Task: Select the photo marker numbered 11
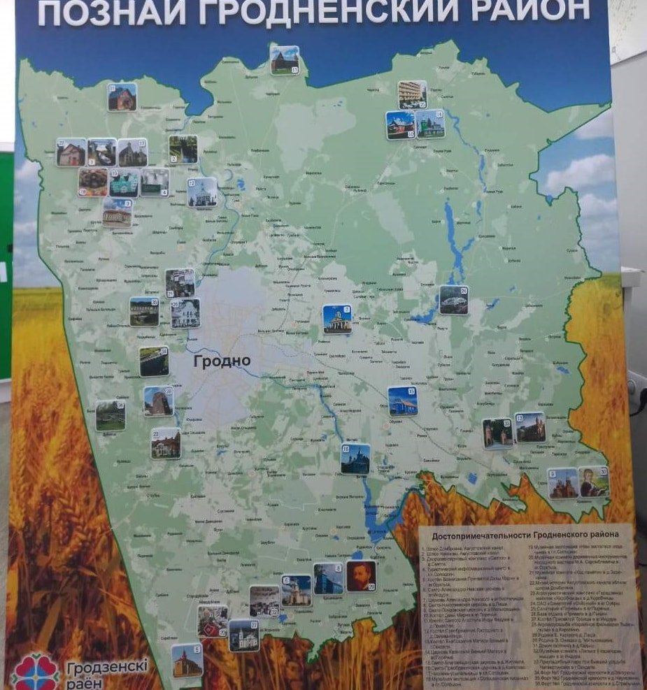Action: coord(285,60)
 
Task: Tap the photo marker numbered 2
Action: coord(183,149)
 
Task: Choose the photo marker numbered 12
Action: coord(202,192)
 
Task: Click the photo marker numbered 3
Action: coord(117,213)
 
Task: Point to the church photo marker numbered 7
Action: coord(337,319)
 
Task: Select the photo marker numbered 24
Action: coord(453,299)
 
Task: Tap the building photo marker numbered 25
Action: coord(412,94)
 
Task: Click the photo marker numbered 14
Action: coord(430,124)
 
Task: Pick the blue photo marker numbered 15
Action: coord(402,401)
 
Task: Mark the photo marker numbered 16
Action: coord(355,459)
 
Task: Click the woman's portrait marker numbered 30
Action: coord(594,482)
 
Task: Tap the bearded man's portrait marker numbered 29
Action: coord(361,576)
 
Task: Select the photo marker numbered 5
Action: coord(187,660)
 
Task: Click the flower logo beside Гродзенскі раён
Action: coord(34,672)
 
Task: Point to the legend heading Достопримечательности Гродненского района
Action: coord(525,535)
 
